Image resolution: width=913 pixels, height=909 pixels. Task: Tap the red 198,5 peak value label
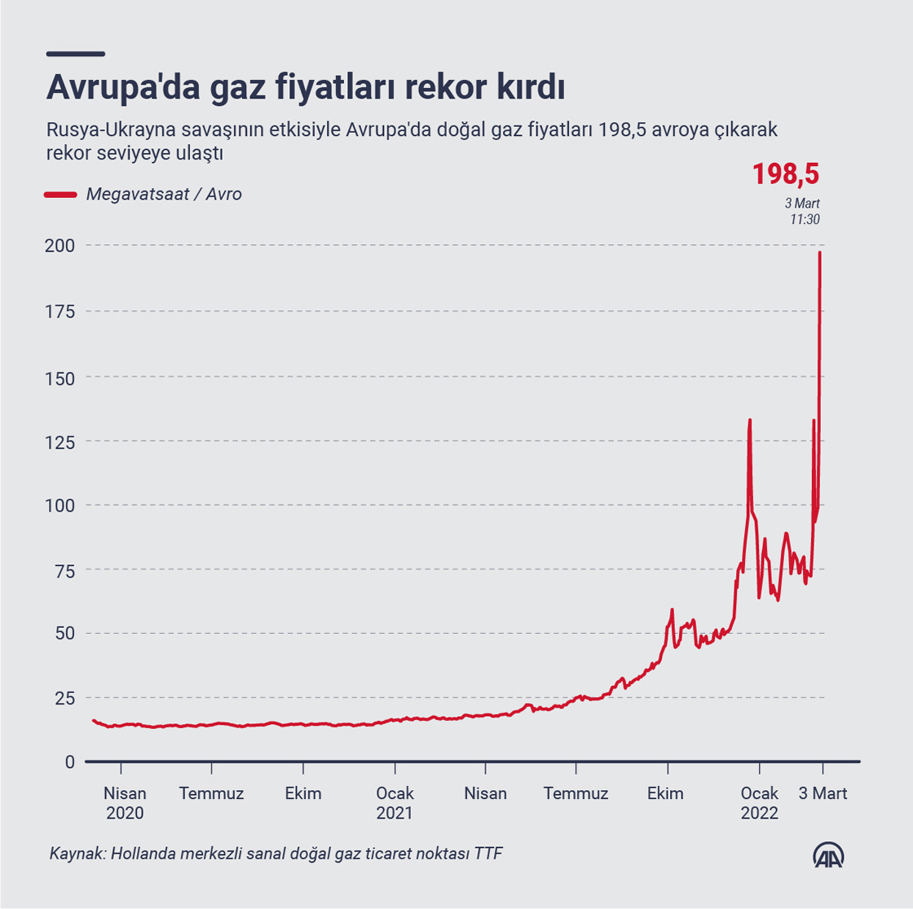pyautogui.click(x=785, y=173)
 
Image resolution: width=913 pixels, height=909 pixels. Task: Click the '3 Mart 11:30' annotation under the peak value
pyautogui.click(x=802, y=211)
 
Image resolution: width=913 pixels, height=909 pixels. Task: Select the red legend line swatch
pyautogui.click(x=59, y=195)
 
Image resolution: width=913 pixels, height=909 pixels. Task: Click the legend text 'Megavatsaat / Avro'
pyautogui.click(x=164, y=195)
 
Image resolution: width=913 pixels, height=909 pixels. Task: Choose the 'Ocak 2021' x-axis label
pyautogui.click(x=395, y=802)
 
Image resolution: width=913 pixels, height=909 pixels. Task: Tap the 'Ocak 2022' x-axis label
pyautogui.click(x=759, y=802)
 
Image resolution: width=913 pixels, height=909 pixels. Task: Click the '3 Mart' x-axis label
pyautogui.click(x=823, y=793)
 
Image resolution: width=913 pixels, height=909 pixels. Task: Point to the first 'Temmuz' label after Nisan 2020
pyautogui.click(x=211, y=793)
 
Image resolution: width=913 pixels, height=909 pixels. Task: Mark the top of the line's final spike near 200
pyautogui.click(x=819, y=253)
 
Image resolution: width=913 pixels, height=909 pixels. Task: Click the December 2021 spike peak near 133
pyautogui.click(x=749, y=420)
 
